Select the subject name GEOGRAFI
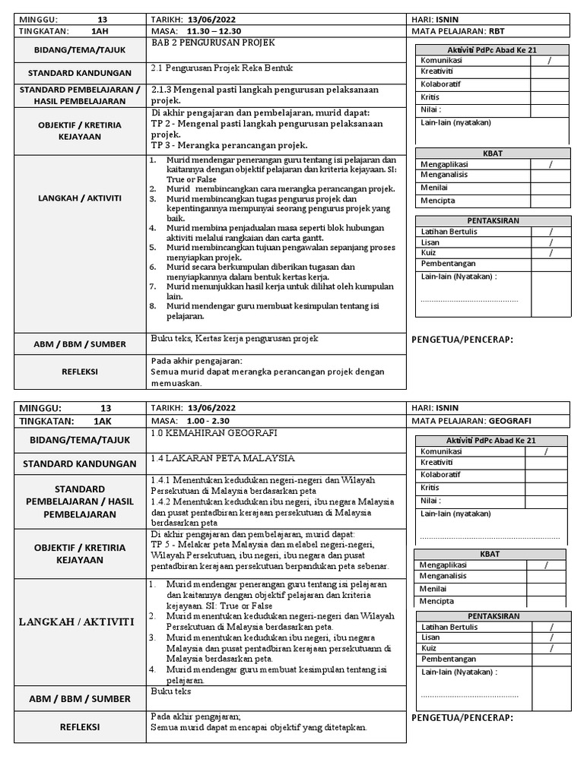pos(509,420)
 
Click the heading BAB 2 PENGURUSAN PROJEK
pos(213,43)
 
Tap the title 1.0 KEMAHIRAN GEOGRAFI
pos(214,433)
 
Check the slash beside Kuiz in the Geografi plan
pos(552,648)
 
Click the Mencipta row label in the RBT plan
pos(437,201)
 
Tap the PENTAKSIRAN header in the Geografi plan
pos(493,615)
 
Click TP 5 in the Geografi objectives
pos(161,546)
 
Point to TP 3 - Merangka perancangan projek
pos(230,145)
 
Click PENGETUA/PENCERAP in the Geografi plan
pos(462,718)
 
